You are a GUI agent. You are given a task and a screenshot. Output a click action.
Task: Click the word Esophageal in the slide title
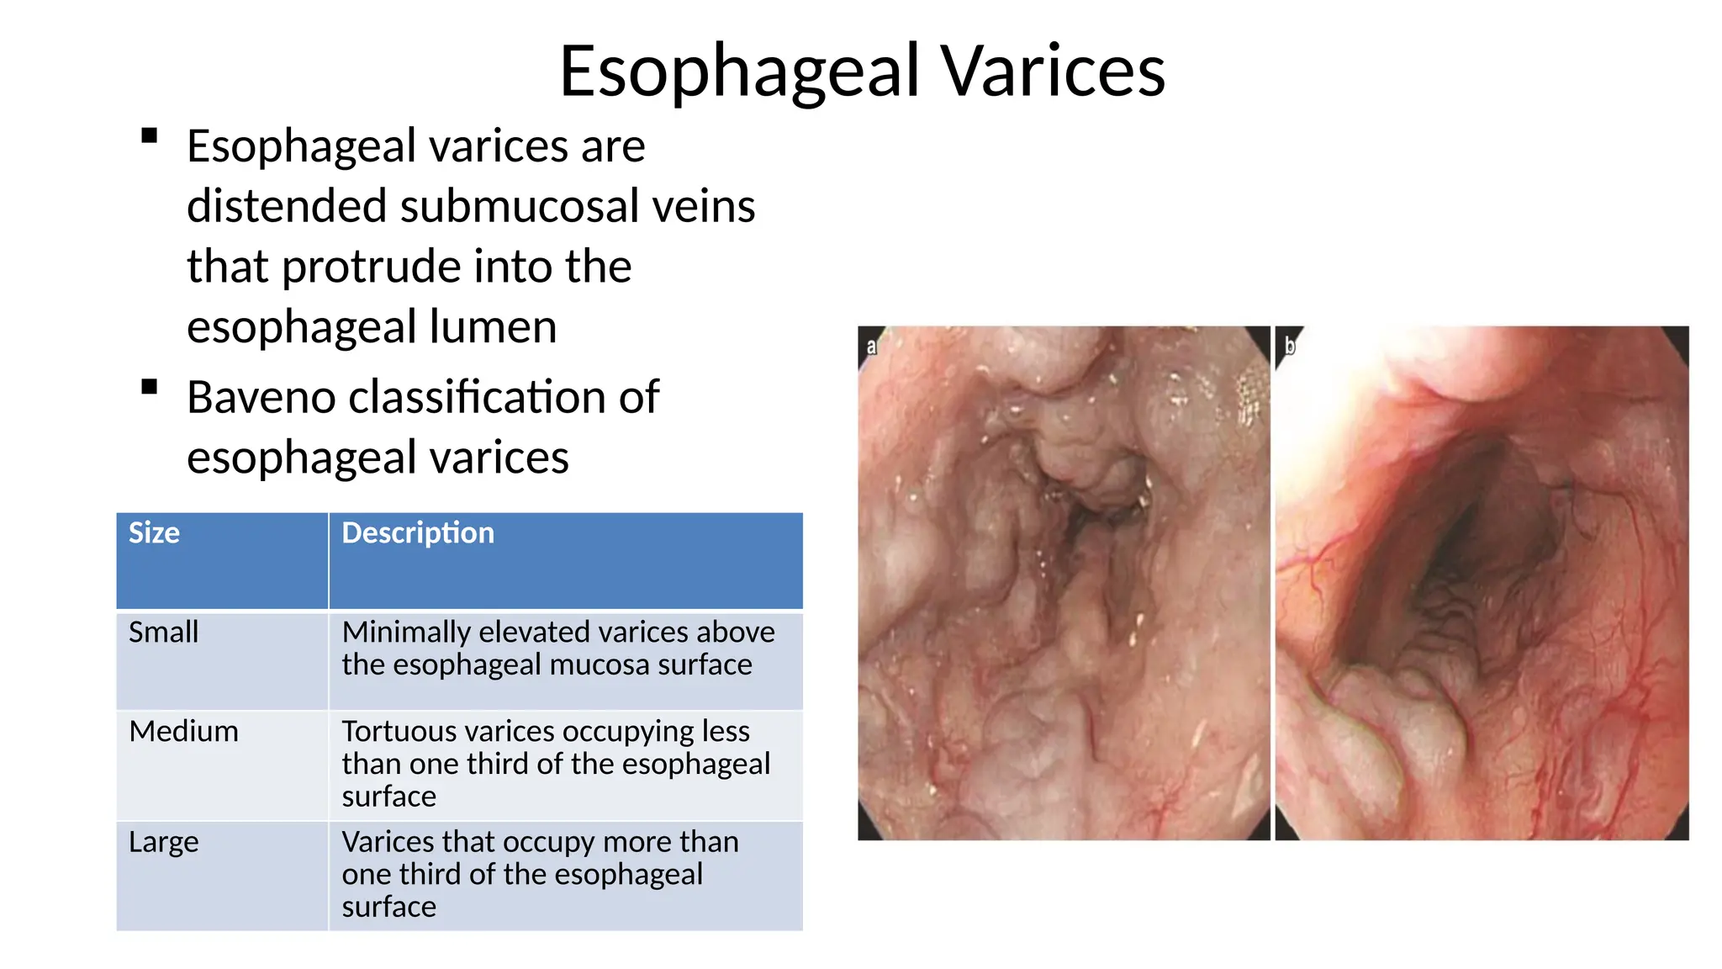click(x=740, y=72)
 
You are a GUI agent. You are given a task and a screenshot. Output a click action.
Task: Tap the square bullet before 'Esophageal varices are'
click(x=150, y=136)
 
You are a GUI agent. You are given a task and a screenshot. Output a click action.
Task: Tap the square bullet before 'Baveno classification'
click(x=150, y=387)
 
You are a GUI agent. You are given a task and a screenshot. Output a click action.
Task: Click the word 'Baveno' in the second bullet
click(x=261, y=397)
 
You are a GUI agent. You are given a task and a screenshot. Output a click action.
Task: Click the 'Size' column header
click(x=154, y=533)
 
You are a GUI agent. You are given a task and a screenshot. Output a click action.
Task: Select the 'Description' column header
click(x=418, y=533)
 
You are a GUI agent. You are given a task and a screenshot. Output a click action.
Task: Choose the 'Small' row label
click(x=163, y=632)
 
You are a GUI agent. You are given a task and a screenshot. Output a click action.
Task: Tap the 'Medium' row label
click(x=183, y=731)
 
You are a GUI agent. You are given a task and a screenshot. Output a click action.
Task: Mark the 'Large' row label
click(x=163, y=842)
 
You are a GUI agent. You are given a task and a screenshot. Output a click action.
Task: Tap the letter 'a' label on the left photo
click(x=871, y=347)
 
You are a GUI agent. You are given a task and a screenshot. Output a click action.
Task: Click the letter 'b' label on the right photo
click(x=1290, y=345)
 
